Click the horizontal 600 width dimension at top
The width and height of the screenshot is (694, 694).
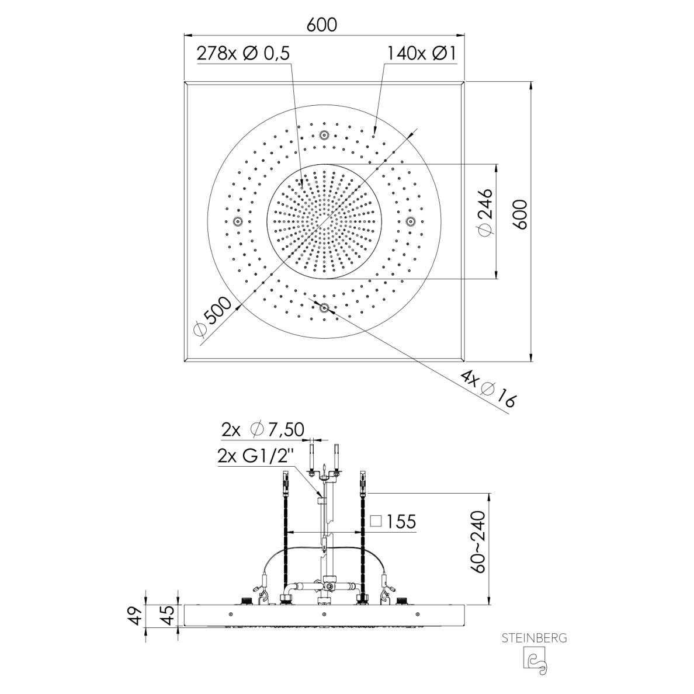pos(322,25)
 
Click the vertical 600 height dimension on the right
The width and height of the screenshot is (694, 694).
pos(522,214)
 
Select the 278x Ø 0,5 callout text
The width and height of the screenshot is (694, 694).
pos(243,54)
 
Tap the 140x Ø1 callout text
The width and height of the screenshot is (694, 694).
pos(421,54)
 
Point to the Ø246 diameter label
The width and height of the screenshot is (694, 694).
pos(485,213)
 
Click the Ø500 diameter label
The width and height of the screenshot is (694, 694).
pos(213,316)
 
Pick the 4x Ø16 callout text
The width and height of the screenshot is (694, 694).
pos(488,389)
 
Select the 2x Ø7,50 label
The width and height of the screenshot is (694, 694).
pos(262,429)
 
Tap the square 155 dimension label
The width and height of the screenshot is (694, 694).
pos(393,522)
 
